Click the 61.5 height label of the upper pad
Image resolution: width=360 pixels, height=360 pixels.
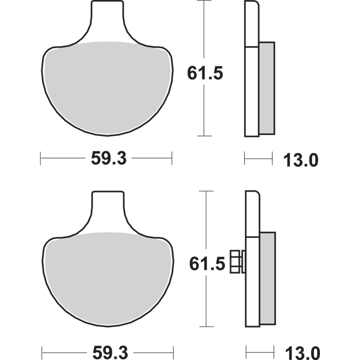pos(205,72)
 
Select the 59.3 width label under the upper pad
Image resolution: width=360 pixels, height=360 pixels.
pos(107,158)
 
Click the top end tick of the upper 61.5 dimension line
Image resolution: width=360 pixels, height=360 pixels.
pos(205,1)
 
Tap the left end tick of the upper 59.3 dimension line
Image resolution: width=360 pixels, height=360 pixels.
pos(40,158)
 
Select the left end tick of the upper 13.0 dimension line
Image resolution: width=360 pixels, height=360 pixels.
pos(244,158)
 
